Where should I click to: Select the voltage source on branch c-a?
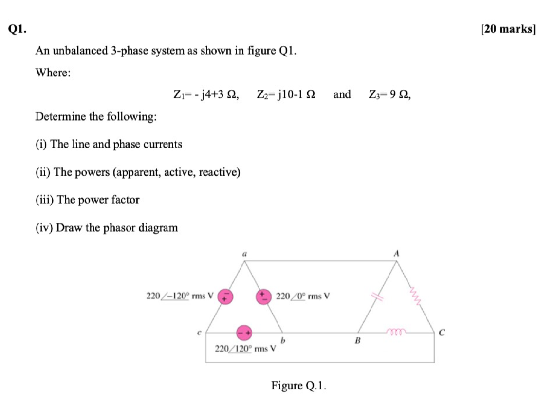point(224,296)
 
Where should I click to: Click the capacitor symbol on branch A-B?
point(376,296)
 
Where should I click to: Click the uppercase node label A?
point(397,253)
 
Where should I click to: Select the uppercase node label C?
point(442,333)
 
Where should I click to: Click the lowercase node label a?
point(245,253)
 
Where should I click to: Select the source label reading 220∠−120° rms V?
point(180,296)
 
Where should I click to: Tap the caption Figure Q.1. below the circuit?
point(298,386)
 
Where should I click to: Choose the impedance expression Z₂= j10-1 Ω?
point(286,94)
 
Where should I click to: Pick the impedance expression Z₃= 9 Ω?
point(390,94)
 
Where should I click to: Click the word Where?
point(53,73)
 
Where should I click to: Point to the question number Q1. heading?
point(18,29)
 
